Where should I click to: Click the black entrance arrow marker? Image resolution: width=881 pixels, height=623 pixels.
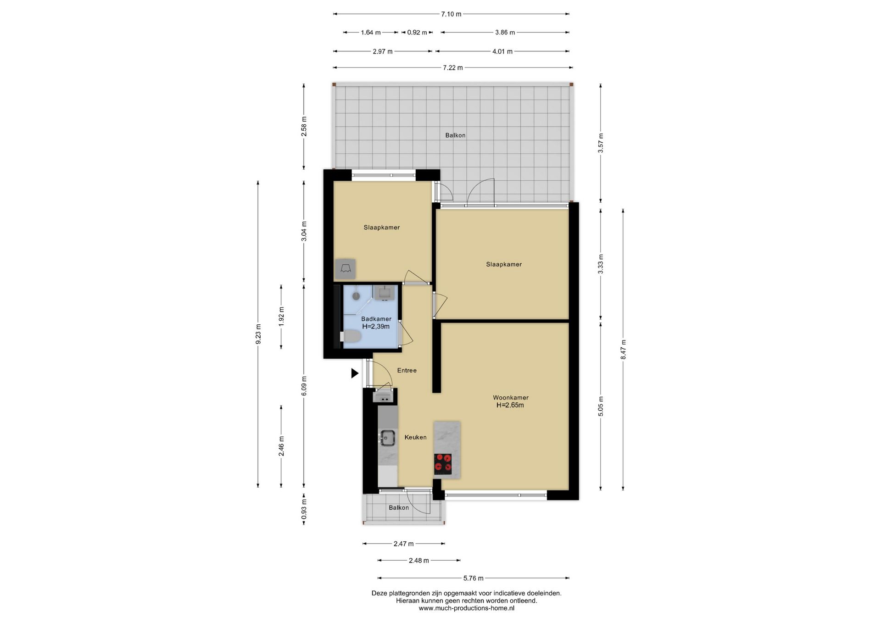354,373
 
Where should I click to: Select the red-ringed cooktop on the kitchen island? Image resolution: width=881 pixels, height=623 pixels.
443,464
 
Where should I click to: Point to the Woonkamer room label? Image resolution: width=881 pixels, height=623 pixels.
511,398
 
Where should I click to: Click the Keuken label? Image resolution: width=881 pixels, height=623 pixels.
415,437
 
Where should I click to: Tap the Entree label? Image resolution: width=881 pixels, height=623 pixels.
407,370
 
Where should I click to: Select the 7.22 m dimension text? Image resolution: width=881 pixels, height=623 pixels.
452,68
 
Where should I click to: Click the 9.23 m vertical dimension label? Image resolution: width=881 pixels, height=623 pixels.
258,334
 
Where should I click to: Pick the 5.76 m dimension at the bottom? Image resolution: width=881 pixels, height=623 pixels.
473,578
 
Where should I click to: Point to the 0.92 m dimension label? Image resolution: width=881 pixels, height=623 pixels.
417,33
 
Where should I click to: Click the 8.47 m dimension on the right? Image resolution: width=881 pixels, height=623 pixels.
623,350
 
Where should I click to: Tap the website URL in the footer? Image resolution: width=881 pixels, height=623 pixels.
466,608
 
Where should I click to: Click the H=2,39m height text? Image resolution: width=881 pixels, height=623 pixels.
376,327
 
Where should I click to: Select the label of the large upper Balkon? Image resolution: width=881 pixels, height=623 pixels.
455,135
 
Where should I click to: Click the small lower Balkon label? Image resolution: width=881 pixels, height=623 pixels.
399,508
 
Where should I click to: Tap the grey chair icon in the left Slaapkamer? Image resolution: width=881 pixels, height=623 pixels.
346,269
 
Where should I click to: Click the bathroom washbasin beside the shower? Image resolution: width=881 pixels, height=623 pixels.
385,292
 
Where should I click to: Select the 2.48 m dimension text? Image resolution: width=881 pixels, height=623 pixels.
419,561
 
